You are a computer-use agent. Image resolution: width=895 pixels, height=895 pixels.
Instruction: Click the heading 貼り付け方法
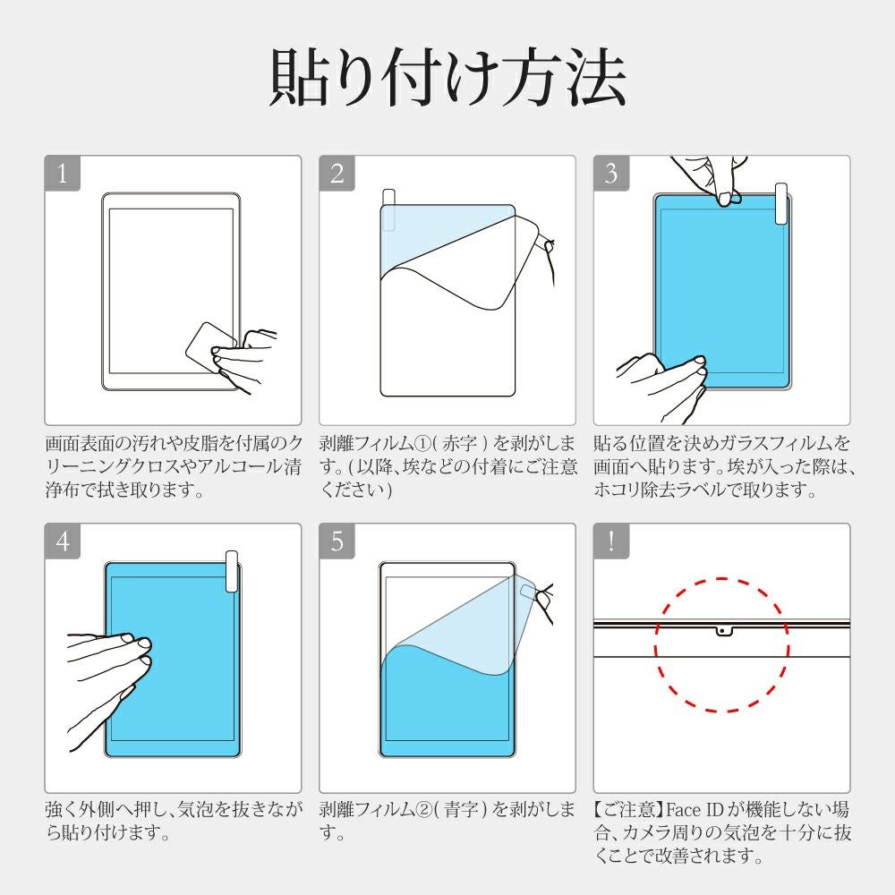click(448, 78)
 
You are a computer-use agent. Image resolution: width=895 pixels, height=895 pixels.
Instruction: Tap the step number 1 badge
click(63, 173)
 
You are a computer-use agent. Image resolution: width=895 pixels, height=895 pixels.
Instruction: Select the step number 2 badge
click(337, 173)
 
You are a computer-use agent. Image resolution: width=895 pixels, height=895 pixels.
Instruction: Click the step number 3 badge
click(611, 173)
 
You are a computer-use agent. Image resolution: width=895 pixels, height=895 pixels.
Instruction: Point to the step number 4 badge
click(63, 541)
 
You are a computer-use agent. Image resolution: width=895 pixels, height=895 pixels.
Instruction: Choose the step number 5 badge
click(337, 541)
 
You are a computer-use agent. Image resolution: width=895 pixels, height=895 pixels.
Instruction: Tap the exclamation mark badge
click(611, 541)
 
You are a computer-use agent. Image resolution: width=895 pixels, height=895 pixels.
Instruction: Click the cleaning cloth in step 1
click(209, 347)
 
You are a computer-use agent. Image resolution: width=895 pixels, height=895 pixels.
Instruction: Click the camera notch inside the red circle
click(722, 631)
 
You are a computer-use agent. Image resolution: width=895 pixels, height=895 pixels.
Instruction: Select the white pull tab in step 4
click(232, 571)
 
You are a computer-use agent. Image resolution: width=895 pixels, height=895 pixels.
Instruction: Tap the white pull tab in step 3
click(780, 204)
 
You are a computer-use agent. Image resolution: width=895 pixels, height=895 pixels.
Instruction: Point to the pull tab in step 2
click(388, 209)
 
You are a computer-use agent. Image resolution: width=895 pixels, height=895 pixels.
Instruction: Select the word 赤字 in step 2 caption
click(459, 444)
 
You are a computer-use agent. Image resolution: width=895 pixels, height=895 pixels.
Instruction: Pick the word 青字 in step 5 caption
click(460, 809)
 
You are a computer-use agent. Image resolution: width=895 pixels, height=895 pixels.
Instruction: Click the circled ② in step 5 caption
click(423, 810)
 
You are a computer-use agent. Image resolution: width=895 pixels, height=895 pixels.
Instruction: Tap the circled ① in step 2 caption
click(423, 444)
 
